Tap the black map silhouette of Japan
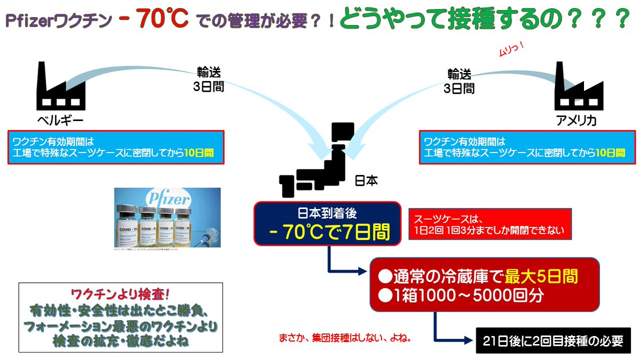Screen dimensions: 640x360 [320, 161]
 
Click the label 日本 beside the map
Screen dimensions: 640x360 [366, 181]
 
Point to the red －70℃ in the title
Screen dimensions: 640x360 [163, 20]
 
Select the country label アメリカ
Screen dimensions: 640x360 [575, 121]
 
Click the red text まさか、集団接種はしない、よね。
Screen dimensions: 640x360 [347, 338]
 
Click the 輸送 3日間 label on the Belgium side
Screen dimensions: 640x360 [208, 79]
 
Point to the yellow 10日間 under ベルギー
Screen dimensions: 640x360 [199, 153]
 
